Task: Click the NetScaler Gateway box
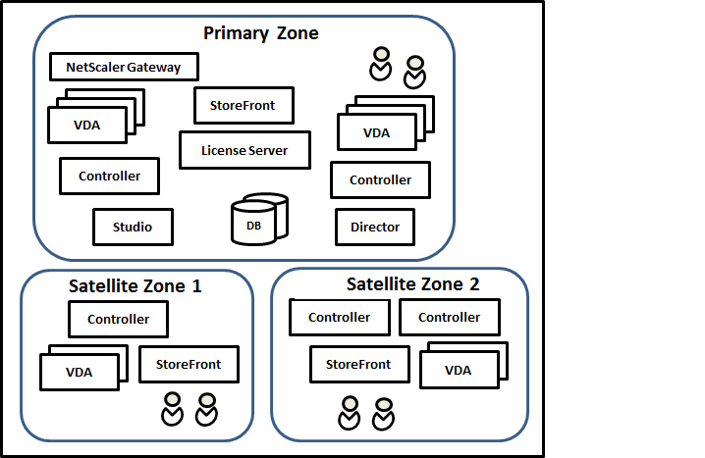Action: (x=124, y=68)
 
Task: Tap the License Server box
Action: (x=244, y=150)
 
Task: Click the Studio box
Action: (x=133, y=227)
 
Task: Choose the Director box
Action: (x=375, y=227)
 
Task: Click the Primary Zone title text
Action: (x=260, y=33)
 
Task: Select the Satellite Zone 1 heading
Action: (x=136, y=286)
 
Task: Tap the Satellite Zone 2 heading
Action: (x=413, y=284)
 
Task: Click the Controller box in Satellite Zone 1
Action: (x=118, y=319)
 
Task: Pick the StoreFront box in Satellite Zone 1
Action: (x=189, y=364)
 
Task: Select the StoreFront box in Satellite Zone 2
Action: (x=357, y=364)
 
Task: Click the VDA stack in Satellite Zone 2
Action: (x=457, y=369)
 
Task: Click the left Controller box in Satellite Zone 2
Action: (x=339, y=317)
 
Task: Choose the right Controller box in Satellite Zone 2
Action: (x=449, y=317)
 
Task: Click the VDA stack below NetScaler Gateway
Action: (x=87, y=124)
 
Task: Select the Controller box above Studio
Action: (x=109, y=177)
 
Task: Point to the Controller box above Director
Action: (x=380, y=180)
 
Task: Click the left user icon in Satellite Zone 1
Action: (x=173, y=410)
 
